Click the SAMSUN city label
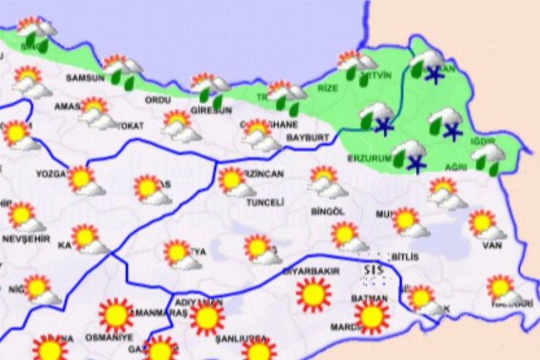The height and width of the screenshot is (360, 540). (86, 78)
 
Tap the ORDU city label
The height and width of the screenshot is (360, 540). (157, 99)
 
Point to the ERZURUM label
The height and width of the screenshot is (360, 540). (366, 157)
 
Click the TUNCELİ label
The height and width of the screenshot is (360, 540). (268, 202)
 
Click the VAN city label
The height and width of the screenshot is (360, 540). (492, 246)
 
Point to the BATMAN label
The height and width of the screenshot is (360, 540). (370, 298)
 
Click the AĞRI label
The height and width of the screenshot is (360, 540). (454, 166)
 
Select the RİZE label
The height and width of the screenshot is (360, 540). (330, 87)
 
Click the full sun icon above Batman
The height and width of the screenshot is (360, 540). (371, 316)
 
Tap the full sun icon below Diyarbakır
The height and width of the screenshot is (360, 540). (313, 294)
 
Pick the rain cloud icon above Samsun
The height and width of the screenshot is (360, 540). (121, 71)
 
